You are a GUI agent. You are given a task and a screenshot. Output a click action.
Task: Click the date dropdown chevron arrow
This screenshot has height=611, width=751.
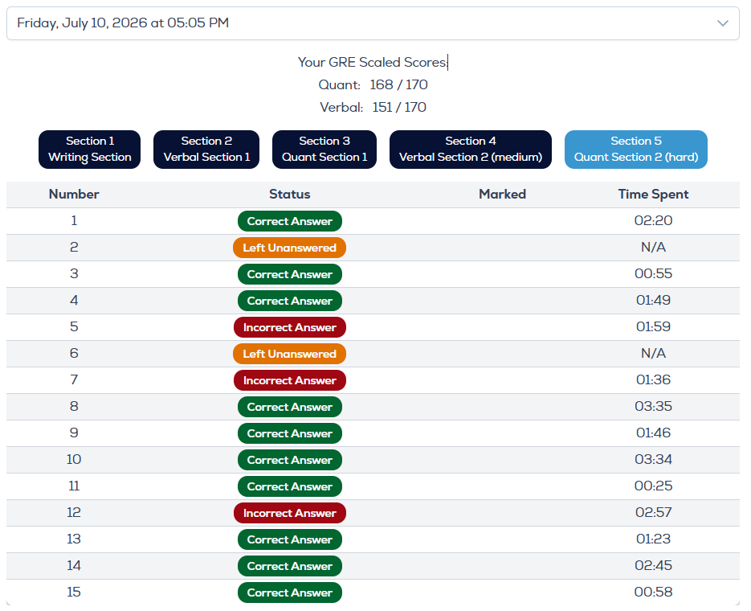[723, 23]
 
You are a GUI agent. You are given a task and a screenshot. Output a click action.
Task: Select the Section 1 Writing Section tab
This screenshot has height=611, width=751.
[90, 150]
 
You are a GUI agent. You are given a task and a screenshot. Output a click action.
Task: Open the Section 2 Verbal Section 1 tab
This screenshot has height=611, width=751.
[206, 150]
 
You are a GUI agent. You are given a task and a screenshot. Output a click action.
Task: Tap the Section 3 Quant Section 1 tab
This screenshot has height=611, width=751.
[324, 150]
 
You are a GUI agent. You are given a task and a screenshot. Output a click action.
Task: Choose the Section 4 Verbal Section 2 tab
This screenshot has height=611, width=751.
[471, 150]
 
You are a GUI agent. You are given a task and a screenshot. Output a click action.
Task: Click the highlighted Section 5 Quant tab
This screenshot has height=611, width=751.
[636, 150]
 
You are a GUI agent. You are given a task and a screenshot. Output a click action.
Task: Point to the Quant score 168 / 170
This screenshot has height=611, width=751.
[398, 85]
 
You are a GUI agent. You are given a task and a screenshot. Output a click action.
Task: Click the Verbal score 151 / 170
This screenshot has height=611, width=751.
[399, 108]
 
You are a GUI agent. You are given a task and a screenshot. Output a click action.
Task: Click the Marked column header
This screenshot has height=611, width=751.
[503, 194]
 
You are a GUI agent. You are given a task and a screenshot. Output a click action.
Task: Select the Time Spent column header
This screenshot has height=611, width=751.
[653, 194]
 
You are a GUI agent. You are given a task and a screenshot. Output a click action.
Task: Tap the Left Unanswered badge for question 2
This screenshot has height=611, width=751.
[289, 248]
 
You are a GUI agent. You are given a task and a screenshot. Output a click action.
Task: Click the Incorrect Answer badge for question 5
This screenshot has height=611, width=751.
[290, 327]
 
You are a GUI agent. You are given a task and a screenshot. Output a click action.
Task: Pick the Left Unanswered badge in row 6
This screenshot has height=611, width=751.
[289, 354]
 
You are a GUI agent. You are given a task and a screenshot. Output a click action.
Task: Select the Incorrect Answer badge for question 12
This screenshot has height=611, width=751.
[290, 513]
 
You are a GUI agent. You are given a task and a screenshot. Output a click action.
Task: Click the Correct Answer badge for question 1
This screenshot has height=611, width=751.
[290, 221]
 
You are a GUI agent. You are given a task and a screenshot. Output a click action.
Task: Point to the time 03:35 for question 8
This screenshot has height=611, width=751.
[653, 406]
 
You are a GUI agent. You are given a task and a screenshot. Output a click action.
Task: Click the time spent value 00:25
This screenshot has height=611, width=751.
[653, 486]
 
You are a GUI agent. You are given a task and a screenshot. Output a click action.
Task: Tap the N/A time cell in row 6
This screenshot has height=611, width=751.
[653, 353]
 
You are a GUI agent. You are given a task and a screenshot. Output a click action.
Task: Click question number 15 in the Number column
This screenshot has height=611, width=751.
[74, 592]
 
